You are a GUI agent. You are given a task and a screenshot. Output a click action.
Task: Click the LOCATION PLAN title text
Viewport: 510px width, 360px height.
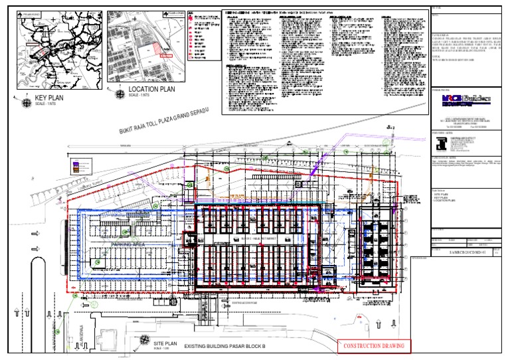[152, 89]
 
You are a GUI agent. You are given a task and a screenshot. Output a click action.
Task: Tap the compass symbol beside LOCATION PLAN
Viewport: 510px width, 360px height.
[119, 91]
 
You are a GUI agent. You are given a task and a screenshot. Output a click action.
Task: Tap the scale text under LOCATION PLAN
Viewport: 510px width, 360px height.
[139, 96]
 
